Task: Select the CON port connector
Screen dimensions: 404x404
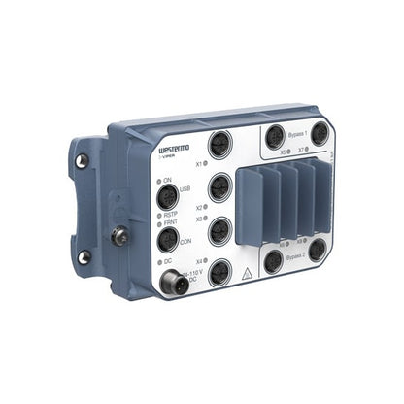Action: (x=168, y=239)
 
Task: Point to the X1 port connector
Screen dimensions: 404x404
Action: (x=220, y=151)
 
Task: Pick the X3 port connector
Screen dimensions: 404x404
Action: (x=220, y=229)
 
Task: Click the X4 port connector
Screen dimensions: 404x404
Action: (x=220, y=271)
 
